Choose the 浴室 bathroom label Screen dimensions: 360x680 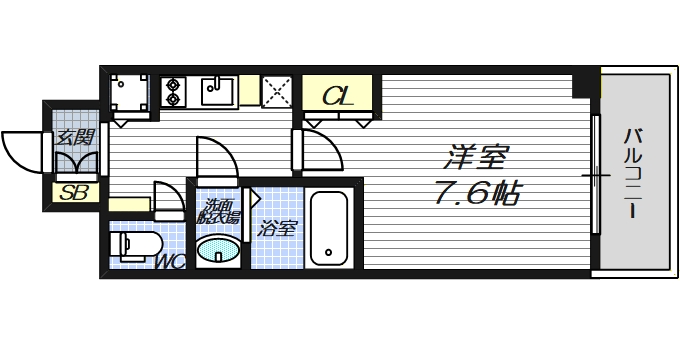(277, 229)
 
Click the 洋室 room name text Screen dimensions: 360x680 (477, 158)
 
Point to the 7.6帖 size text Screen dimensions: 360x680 (476, 194)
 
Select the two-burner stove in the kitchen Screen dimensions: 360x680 (173, 92)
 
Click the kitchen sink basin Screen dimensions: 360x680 (217, 92)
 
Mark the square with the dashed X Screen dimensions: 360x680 (276, 91)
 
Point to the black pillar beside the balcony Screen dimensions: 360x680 (582, 86)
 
